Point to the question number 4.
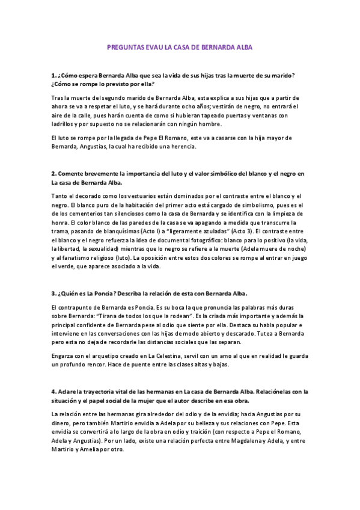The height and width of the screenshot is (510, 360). (53, 392)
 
